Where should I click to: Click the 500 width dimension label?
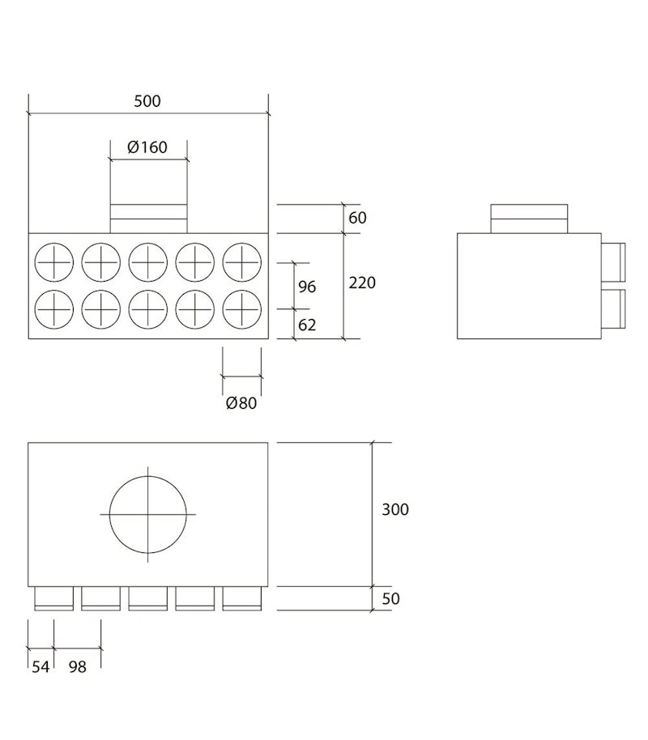coord(147,101)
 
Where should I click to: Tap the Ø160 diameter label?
coord(147,147)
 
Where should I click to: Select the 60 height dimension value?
coord(357,218)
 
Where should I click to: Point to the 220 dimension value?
coord(362,283)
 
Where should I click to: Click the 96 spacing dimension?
coord(307,287)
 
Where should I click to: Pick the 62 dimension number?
coord(307,325)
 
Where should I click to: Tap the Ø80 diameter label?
coord(241,403)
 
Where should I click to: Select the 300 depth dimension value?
coord(395,509)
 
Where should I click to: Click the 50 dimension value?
coord(390,598)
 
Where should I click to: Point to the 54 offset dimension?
coord(40,667)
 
